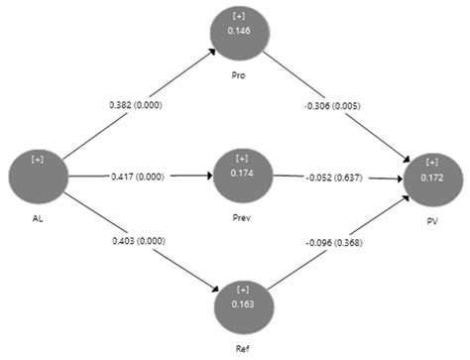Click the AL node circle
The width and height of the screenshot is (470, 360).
(38, 175)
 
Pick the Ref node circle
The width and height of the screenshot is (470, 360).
(242, 303)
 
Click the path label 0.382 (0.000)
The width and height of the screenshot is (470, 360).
(136, 103)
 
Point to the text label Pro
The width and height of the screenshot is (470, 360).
(239, 74)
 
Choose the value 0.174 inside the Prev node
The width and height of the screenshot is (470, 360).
(242, 174)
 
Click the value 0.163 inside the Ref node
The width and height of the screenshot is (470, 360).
(242, 305)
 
